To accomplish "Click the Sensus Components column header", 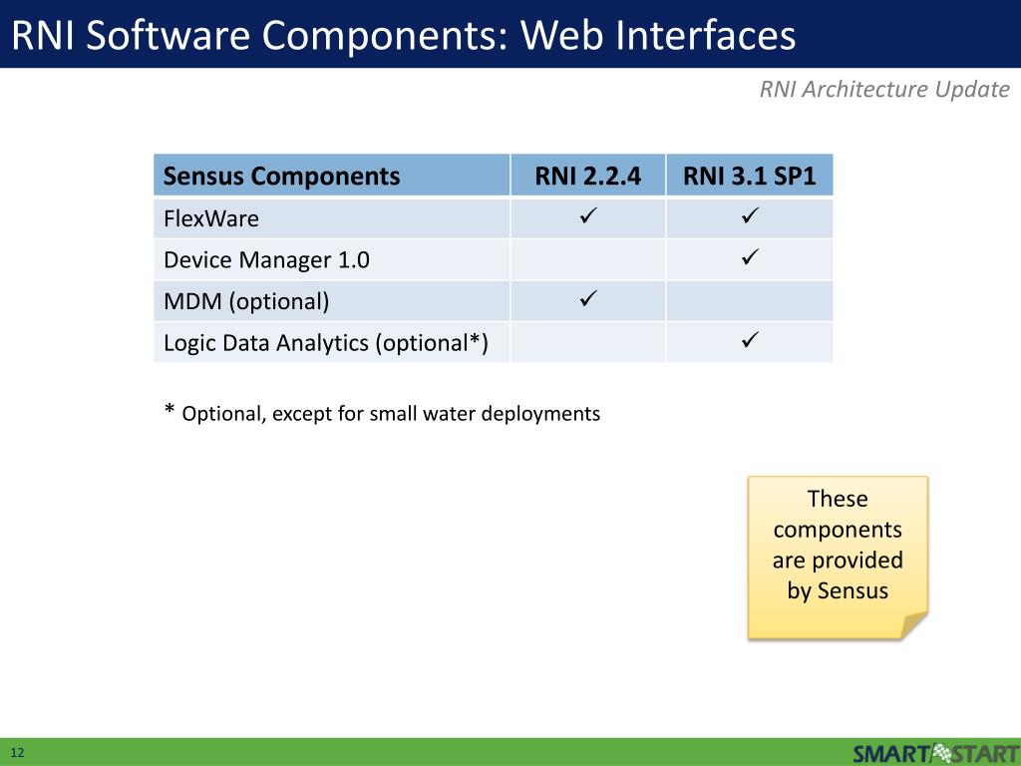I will point(281,177).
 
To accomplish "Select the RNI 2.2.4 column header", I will point(587,177).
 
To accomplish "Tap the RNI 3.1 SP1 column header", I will point(750,177).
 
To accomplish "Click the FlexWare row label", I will point(211,218).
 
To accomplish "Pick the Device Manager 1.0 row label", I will point(266,260).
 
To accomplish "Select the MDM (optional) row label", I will point(246,301).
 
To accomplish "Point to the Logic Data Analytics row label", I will point(326,343).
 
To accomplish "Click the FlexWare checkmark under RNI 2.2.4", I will point(587,215).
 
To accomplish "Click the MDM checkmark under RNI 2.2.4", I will point(587,298).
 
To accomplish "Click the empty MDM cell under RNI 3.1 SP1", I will point(750,301).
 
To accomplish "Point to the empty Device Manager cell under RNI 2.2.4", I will point(587,260).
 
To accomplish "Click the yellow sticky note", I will point(838,556).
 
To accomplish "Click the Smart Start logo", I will point(935,752).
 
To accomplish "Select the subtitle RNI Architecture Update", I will point(884,90).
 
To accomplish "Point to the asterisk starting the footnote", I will point(170,411).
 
